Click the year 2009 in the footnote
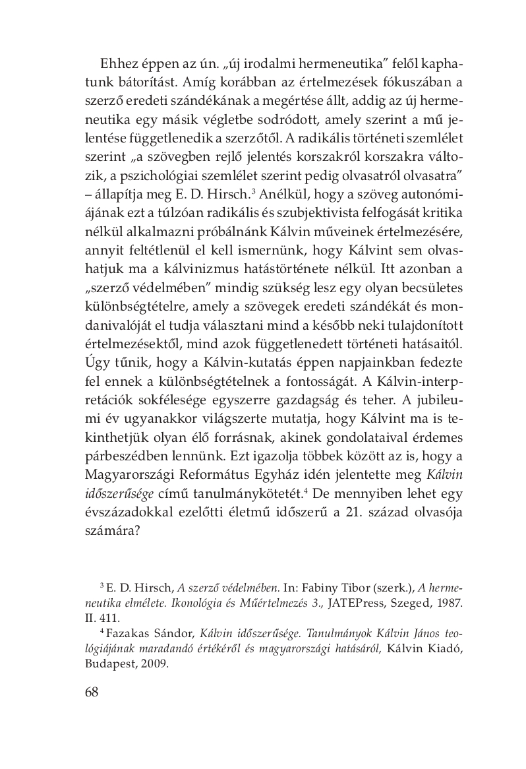coord(154,665)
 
